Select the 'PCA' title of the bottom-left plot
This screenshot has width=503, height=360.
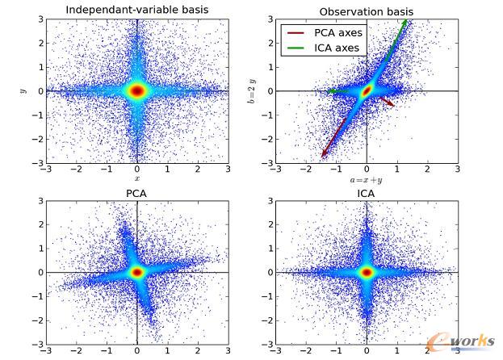(x=136, y=193)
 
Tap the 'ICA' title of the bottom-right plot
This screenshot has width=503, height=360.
(x=367, y=193)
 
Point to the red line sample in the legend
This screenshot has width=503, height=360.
(x=296, y=33)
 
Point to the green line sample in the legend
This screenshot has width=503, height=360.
(x=296, y=48)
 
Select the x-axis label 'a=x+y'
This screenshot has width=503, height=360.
(x=367, y=183)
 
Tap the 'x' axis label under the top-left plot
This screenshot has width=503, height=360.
(x=136, y=178)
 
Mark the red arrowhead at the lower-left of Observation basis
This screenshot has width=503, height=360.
(x=324, y=153)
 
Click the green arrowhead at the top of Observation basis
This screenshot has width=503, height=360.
(x=404, y=24)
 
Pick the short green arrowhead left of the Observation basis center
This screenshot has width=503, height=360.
(x=331, y=92)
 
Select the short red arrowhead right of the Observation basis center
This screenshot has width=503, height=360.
(x=392, y=104)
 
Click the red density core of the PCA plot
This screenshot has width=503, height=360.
(x=136, y=272)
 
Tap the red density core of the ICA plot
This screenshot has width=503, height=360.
(x=367, y=272)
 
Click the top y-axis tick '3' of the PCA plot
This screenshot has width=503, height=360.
(x=39, y=200)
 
